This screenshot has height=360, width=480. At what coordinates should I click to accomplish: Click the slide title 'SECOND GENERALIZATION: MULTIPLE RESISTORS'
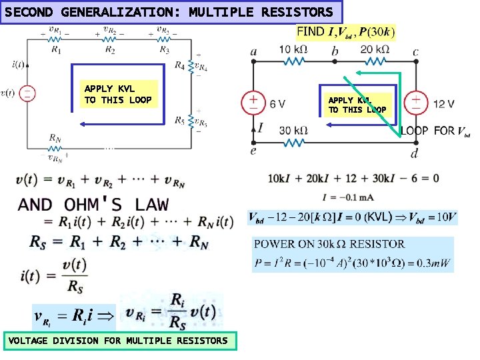169,12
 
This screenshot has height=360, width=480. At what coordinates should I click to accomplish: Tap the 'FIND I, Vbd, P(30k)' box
345,32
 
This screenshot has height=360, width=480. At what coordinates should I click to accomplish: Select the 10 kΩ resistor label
293,49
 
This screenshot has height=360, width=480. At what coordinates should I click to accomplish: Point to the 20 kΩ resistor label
375,49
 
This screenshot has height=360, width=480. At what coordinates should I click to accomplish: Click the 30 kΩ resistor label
293,130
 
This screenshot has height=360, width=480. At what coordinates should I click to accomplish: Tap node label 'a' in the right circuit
254,51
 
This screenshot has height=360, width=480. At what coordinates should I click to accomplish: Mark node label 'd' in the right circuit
415,153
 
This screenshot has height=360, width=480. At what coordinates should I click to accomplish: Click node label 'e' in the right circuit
253,151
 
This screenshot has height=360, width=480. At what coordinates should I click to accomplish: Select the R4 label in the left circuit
180,65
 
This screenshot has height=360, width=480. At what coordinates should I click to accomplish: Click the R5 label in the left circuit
180,121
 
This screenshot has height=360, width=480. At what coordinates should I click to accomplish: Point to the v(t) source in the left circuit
27,93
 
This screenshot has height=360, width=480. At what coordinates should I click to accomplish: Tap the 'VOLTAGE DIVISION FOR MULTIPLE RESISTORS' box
118,341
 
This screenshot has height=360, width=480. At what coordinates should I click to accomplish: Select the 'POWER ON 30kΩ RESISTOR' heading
329,244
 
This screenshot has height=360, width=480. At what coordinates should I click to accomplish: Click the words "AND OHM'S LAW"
93,204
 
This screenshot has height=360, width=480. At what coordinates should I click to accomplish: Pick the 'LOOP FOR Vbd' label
435,131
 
